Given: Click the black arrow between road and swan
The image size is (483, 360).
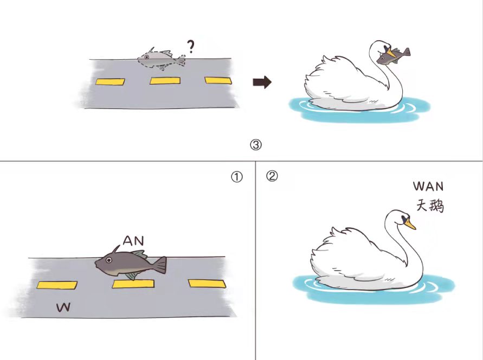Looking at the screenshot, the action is (262, 82).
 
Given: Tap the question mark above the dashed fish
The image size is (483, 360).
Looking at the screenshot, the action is (191, 47).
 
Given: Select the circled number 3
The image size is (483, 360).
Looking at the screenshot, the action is (256, 144).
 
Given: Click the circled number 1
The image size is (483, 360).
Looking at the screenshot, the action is (237, 177).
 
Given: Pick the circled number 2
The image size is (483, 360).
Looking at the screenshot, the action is (272, 176).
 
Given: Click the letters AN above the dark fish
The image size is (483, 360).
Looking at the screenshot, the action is (133, 240).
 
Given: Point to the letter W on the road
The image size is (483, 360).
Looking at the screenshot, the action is (63, 307).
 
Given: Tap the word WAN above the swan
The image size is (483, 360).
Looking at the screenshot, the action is (428, 187).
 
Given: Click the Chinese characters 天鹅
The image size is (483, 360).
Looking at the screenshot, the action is (430, 205).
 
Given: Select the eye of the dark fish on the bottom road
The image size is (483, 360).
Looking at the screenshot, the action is (109, 260).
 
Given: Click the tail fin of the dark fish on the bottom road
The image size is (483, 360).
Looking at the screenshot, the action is (159, 265).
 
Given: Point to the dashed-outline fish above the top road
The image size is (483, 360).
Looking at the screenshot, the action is (162, 59).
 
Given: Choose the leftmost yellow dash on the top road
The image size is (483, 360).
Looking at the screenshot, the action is (110, 82).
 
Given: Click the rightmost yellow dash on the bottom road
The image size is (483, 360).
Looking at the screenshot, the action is (207, 284).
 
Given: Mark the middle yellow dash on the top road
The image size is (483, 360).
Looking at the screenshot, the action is (165, 81).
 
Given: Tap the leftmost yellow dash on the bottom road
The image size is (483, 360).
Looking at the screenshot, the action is (57, 285).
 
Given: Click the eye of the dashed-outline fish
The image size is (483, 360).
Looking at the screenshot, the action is (146, 57).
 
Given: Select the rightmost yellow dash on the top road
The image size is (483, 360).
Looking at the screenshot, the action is (218, 80).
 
